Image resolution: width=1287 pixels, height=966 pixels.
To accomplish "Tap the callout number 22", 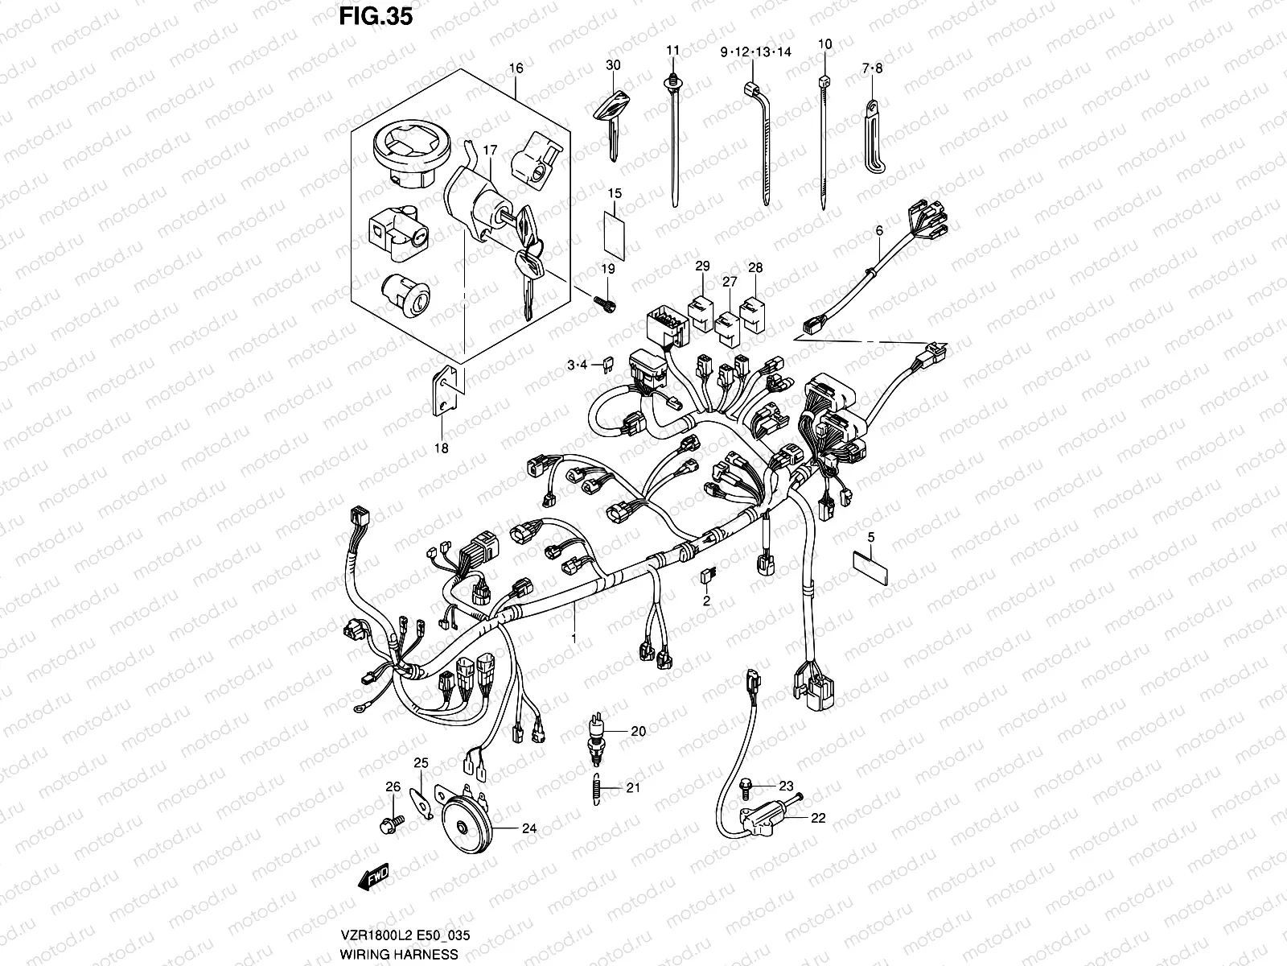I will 818,818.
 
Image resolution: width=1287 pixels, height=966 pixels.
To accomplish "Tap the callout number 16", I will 516,68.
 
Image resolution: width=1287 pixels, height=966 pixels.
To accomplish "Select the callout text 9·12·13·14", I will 756,52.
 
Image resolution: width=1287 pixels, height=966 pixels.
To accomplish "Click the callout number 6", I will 879,230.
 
